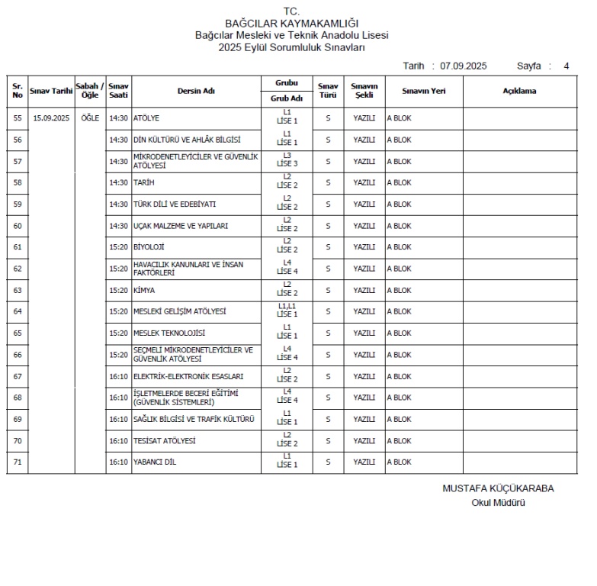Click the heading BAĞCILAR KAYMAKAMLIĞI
[x=292, y=24]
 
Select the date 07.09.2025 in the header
[x=463, y=66]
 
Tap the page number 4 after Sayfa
[x=566, y=66]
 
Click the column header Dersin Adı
[x=196, y=91]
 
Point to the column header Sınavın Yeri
[x=423, y=91]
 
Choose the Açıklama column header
[x=519, y=91]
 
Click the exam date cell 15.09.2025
[x=51, y=118]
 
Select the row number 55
[x=18, y=118]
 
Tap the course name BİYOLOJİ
[x=149, y=247]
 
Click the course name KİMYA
[x=144, y=291]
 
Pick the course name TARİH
[x=144, y=183]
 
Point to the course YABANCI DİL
[x=155, y=462]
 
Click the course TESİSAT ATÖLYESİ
[x=164, y=441]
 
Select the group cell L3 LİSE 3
[x=287, y=161]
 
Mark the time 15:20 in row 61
[x=118, y=247]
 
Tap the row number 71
[x=18, y=462]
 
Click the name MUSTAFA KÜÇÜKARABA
[x=498, y=489]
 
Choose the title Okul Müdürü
[x=498, y=502]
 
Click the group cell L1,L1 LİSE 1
[x=287, y=311]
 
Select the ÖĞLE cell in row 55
[x=90, y=118]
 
